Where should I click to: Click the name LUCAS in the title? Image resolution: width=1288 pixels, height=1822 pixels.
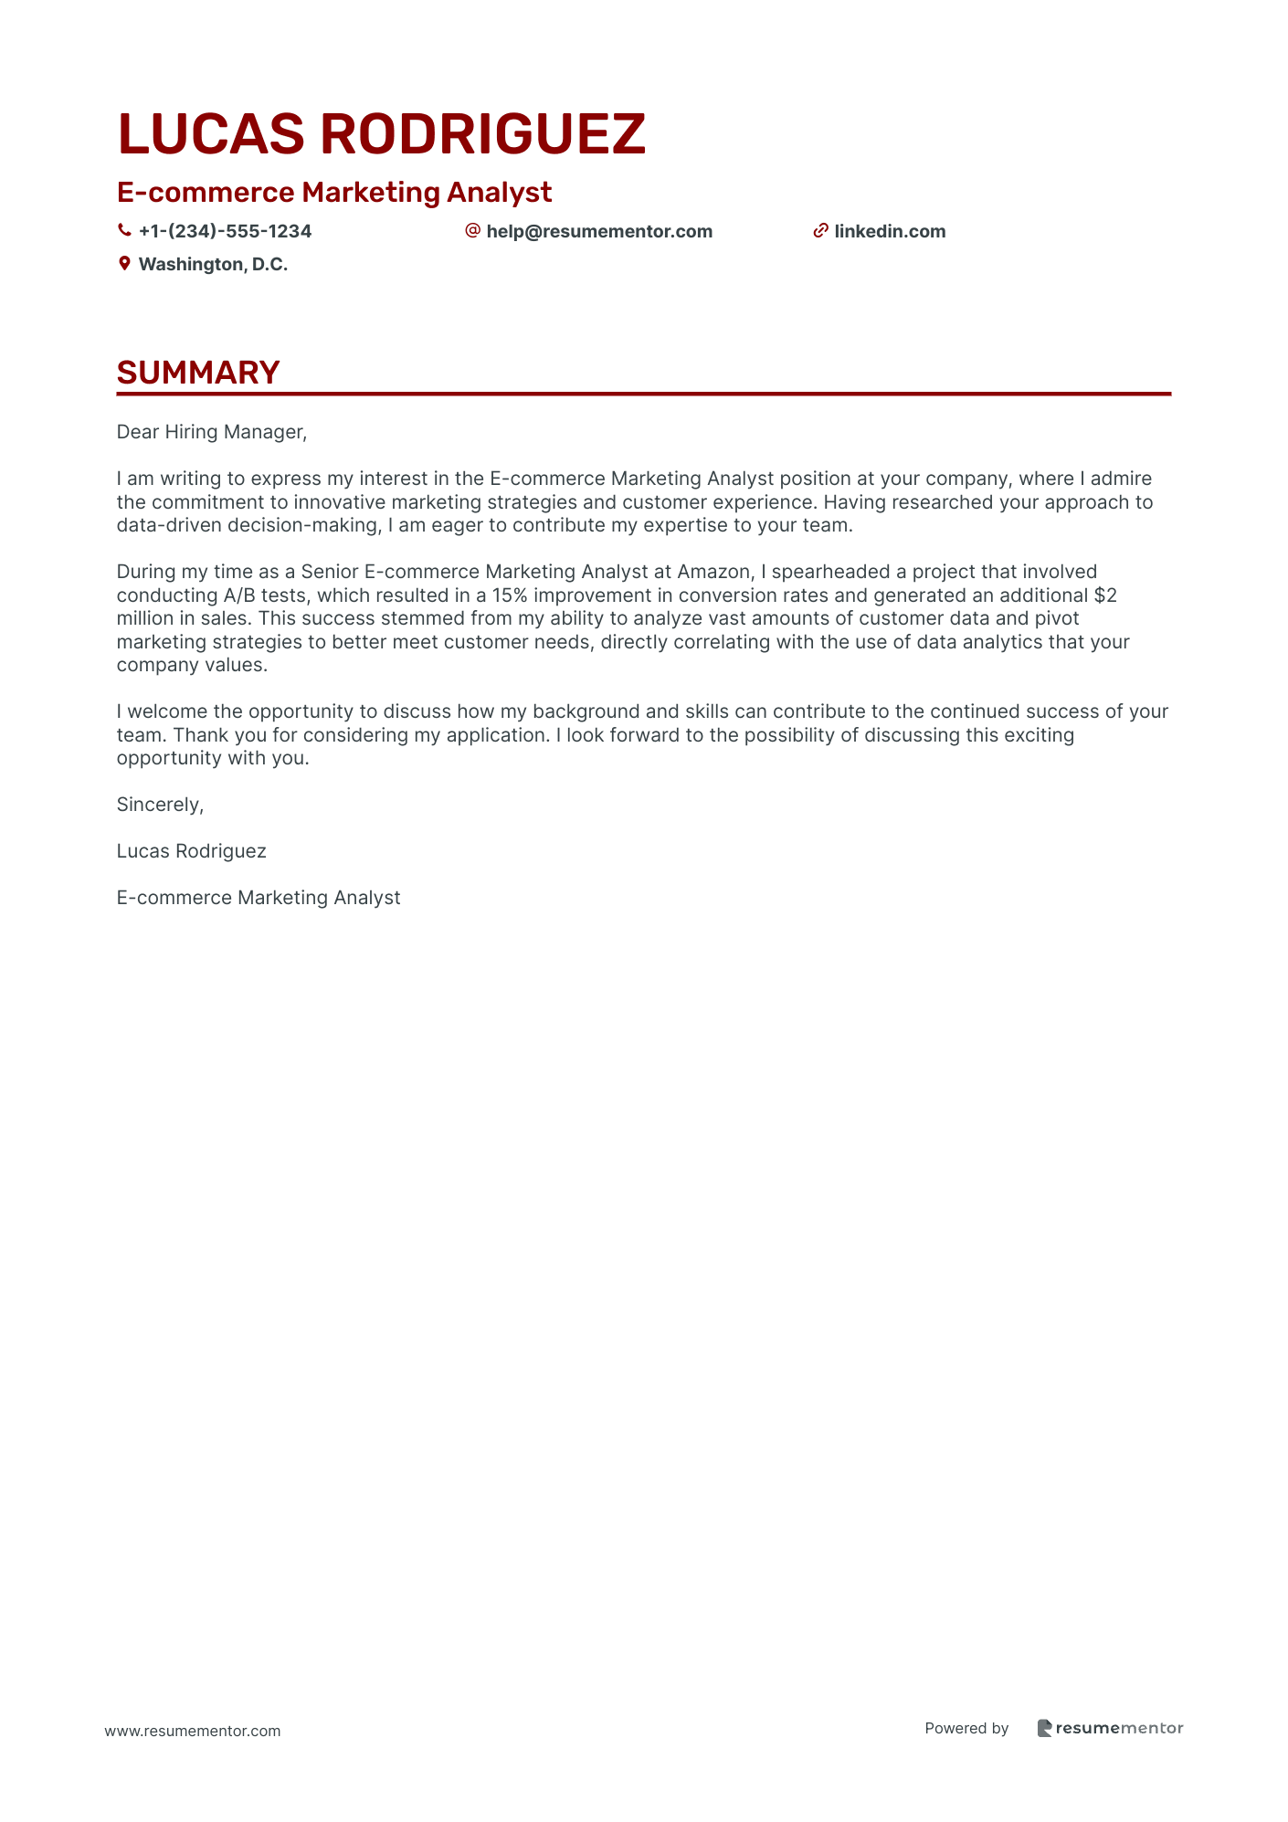click(211, 134)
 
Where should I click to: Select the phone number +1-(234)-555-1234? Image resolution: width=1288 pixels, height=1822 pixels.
click(225, 231)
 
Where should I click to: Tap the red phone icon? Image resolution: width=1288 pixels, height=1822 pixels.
click(124, 231)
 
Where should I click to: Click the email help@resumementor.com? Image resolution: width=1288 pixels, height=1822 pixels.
click(599, 231)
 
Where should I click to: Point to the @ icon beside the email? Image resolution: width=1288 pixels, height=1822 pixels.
click(472, 230)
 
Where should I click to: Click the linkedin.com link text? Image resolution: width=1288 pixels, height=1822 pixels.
click(890, 231)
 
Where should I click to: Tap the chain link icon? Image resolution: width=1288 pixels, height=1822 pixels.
click(820, 231)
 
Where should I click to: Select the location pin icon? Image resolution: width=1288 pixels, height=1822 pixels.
click(124, 264)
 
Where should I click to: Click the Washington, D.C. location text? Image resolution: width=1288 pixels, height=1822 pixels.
click(213, 264)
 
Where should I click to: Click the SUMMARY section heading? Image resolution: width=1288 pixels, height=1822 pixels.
click(198, 373)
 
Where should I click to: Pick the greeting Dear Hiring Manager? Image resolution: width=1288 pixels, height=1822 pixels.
click(212, 432)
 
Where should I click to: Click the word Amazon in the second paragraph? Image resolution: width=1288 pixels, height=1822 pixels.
click(713, 572)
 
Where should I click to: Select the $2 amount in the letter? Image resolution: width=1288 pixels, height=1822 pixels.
click(1105, 595)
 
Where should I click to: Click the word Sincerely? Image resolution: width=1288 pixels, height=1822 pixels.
click(160, 805)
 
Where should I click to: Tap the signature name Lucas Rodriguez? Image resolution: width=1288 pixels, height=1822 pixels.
click(192, 851)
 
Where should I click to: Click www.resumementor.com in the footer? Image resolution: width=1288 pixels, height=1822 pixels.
click(193, 1731)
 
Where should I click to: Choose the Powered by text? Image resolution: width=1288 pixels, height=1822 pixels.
click(966, 1728)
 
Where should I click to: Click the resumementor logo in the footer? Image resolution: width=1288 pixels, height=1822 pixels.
click(1110, 1728)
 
